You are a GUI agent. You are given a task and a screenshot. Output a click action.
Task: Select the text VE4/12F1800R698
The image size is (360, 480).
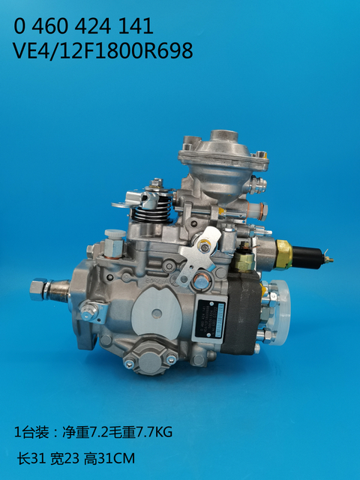(x=103, y=51)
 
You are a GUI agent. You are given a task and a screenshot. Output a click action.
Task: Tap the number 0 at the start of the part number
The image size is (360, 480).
(x=21, y=26)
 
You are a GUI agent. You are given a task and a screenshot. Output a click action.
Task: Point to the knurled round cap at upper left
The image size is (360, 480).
(x=113, y=235)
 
